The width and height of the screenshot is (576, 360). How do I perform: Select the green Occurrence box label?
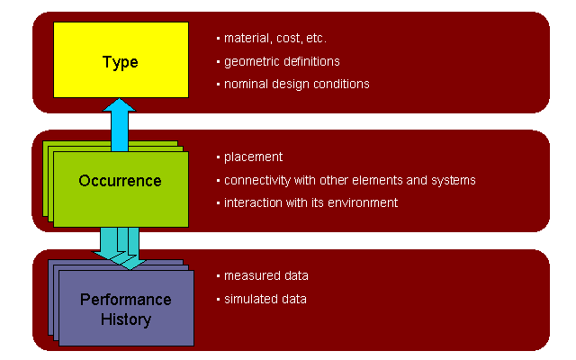[120, 181]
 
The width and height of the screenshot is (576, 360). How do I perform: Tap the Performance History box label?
[125, 309]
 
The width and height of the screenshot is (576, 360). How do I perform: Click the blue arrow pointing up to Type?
[119, 124]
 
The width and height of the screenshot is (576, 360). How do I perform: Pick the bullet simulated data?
[265, 299]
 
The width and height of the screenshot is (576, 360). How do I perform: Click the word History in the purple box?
[125, 319]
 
